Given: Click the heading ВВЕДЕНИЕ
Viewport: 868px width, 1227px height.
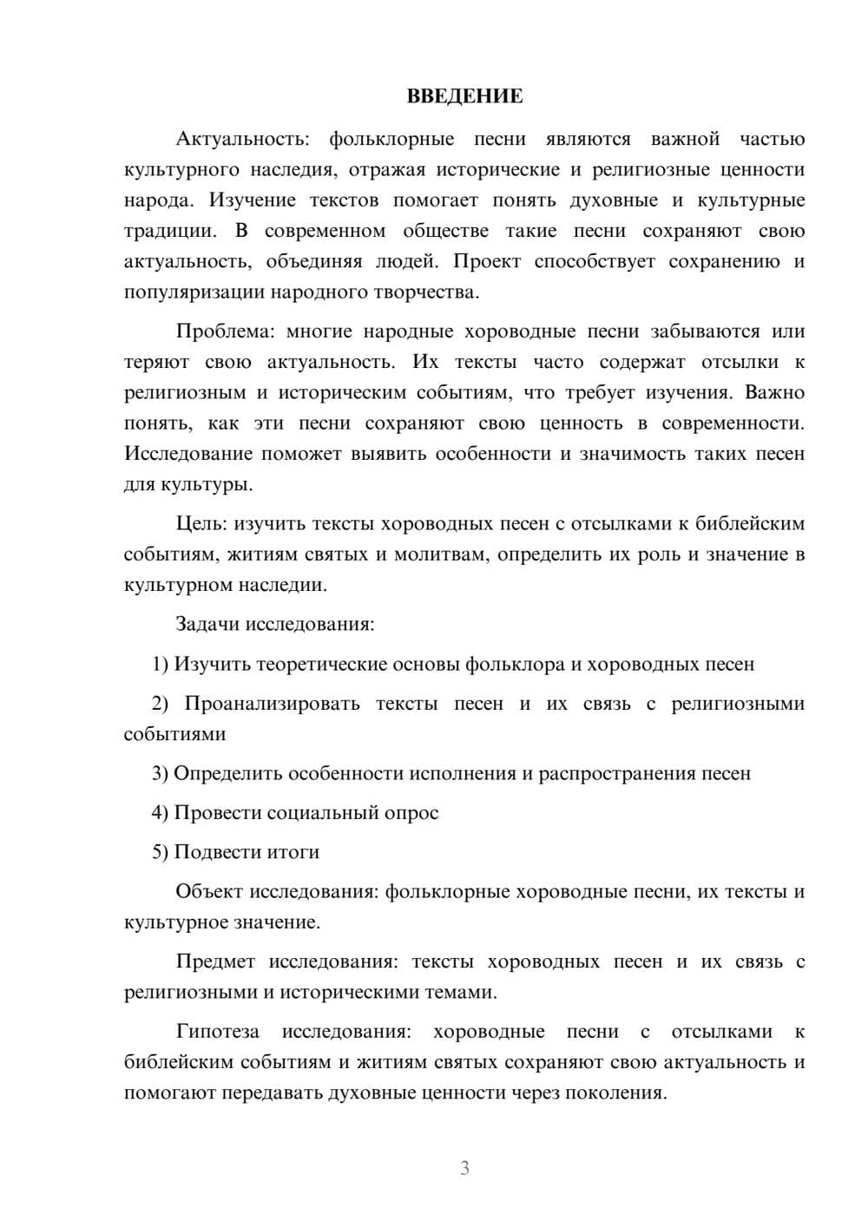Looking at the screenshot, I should pyautogui.click(x=464, y=96).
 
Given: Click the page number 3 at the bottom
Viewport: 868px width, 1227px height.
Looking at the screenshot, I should pyautogui.click(x=464, y=1168).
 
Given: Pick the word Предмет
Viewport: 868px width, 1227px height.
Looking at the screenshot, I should pyautogui.click(x=215, y=961).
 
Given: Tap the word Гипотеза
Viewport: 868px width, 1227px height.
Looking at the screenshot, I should pyautogui.click(x=217, y=1032).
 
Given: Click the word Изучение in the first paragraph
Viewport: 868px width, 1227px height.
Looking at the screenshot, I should pyautogui.click(x=253, y=200).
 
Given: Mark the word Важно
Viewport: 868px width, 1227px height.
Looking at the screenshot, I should pyautogui.click(x=774, y=392).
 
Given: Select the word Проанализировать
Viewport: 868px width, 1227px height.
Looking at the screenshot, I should pyautogui.click(x=272, y=703).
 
